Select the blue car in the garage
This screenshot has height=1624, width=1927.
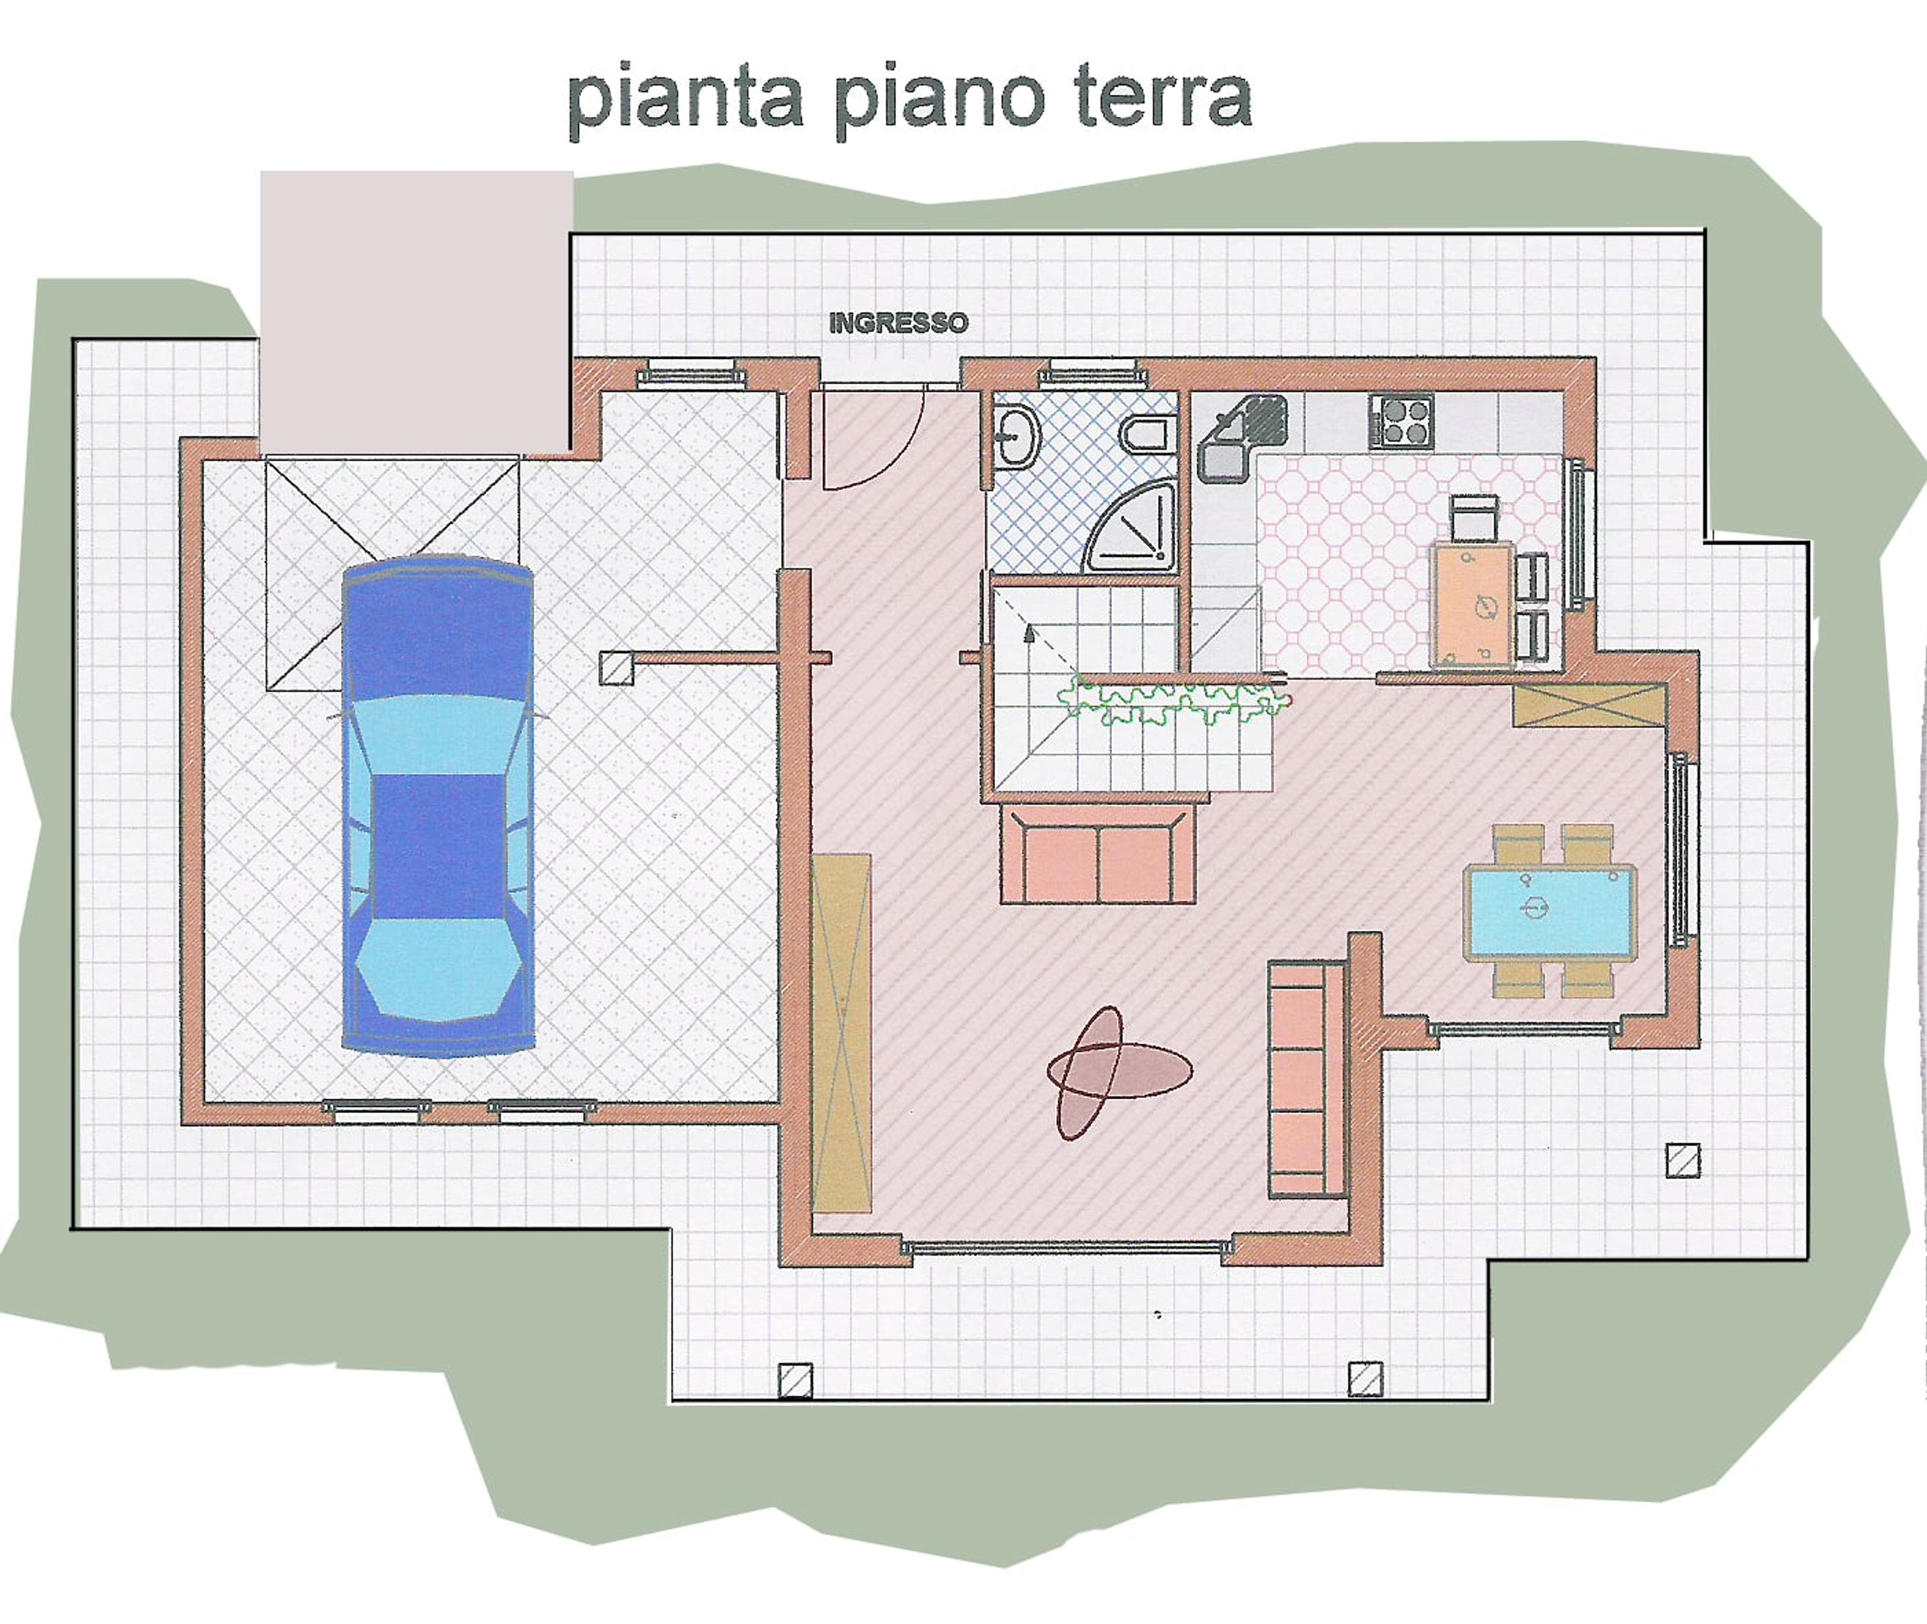tap(438, 806)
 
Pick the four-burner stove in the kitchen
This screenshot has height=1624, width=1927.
tap(1401, 421)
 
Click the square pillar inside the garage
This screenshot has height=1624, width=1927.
tap(616, 667)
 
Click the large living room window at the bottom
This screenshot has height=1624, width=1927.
tap(1067, 1248)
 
